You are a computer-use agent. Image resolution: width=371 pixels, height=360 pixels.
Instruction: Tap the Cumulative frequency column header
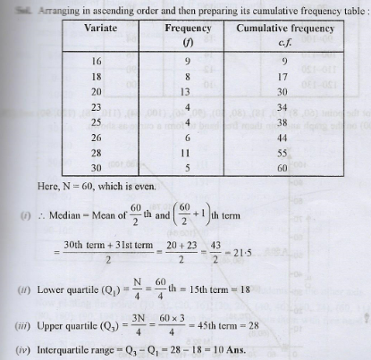click(x=284, y=29)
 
